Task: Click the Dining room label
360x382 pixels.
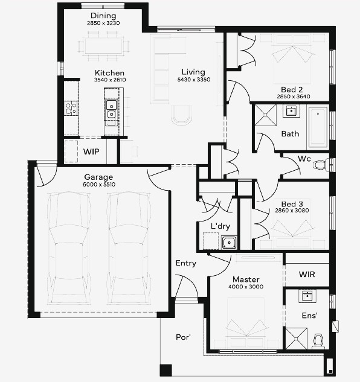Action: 103,16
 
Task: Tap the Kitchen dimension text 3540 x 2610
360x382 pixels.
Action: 110,80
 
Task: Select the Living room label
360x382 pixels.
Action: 193,72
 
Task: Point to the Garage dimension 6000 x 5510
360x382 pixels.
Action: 99,185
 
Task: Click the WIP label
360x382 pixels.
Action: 91,152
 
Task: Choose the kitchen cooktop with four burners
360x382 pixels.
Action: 71,108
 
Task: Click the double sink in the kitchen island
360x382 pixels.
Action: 111,109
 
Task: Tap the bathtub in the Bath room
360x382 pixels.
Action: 318,127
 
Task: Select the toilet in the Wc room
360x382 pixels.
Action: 321,165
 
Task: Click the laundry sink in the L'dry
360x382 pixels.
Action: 229,243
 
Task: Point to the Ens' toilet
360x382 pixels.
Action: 318,342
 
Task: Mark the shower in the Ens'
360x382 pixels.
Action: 297,339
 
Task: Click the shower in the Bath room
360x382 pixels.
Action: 266,115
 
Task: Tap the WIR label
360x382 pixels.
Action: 307,275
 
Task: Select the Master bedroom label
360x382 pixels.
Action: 246,279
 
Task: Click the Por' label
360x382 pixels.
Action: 183,337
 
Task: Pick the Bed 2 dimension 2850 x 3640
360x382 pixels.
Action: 294,97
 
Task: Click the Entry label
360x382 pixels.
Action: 186,263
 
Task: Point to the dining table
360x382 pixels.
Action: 103,46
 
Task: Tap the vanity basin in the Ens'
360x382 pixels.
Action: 307,296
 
